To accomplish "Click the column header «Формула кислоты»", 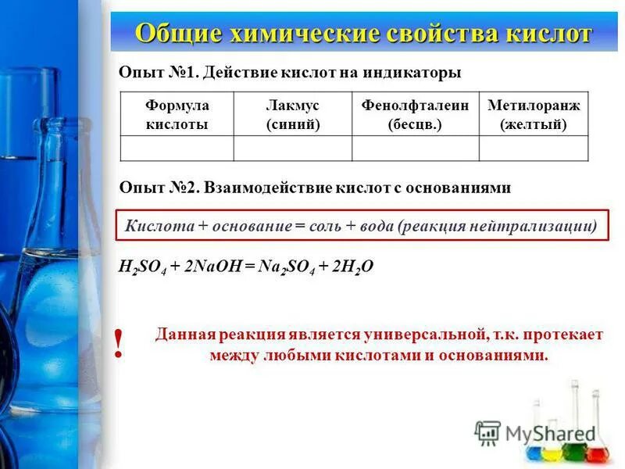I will [x=177, y=114].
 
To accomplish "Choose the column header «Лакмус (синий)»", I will [x=293, y=114].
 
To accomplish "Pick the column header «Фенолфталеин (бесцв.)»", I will [x=415, y=114].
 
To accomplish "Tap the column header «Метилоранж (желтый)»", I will [x=534, y=114].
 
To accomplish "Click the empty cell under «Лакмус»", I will [x=293, y=148].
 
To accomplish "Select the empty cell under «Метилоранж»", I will [x=534, y=148].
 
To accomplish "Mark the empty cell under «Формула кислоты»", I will [x=177, y=148].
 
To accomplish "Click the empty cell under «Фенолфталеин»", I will [x=415, y=148].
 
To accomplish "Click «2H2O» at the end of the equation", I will [x=353, y=267].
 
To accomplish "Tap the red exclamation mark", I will [x=119, y=344].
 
